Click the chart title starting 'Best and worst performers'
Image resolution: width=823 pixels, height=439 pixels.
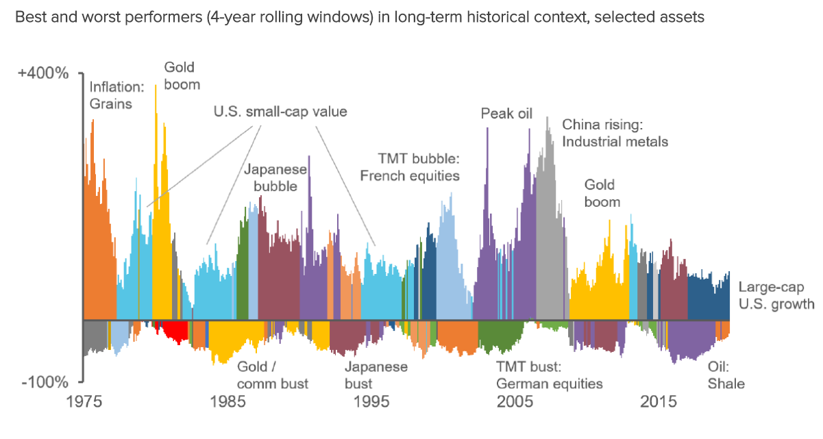pyautogui.click(x=360, y=18)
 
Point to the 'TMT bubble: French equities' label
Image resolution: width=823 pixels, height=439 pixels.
pyautogui.click(x=410, y=166)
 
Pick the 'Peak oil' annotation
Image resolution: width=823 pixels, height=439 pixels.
pyautogui.click(x=506, y=114)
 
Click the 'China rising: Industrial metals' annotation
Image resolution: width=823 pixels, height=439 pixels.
pyautogui.click(x=614, y=133)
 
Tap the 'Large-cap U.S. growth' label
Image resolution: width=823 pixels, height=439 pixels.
pyautogui.click(x=776, y=296)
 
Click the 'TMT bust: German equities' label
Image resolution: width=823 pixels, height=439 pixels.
pyautogui.click(x=549, y=375)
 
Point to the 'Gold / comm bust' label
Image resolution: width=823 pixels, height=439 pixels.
pyautogui.click(x=272, y=375)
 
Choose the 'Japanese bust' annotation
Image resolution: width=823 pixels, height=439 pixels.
pyautogui.click(x=376, y=375)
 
